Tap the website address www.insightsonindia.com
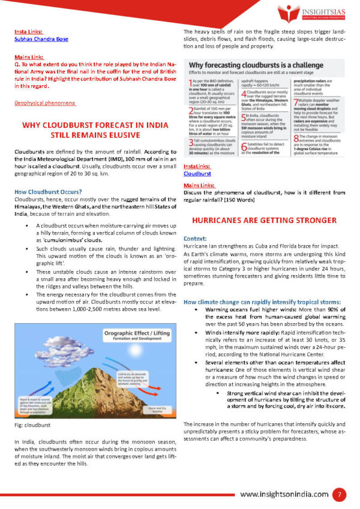pos(284,494)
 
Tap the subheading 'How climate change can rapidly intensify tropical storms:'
pos(262,301)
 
